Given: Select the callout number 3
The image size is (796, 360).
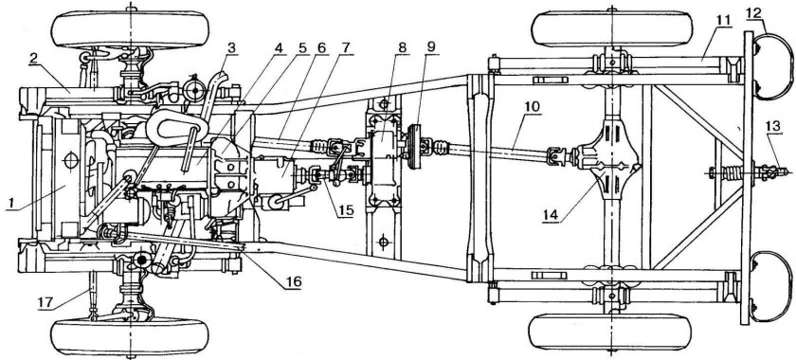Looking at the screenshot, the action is [x=231, y=48].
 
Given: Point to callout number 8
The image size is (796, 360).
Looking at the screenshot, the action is [x=403, y=47].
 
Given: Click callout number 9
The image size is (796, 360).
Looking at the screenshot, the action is [x=431, y=47].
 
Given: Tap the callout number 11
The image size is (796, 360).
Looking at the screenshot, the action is [x=723, y=20].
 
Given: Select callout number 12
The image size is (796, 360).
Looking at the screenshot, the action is [x=753, y=12].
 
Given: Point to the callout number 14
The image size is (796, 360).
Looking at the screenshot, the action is [x=550, y=215].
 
